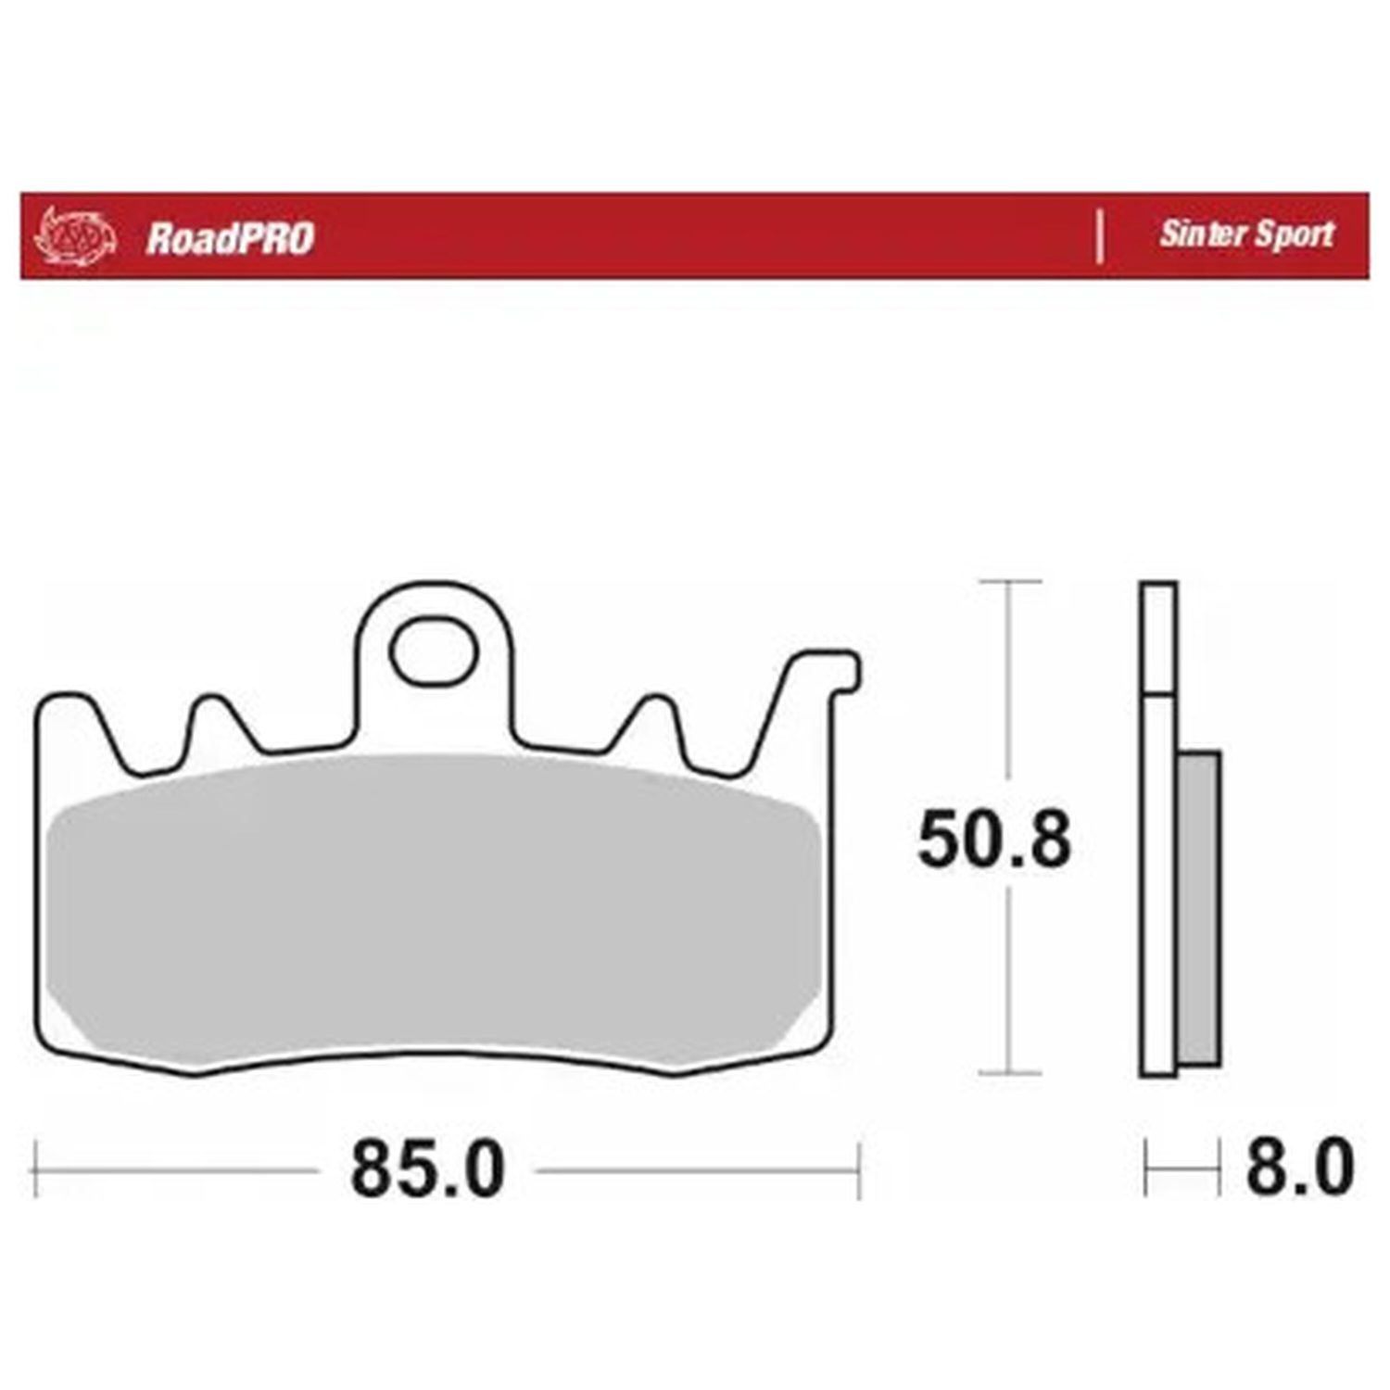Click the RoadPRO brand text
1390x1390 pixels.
tap(230, 238)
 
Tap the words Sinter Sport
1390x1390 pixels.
tap(1246, 234)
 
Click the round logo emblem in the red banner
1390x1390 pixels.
tap(75, 236)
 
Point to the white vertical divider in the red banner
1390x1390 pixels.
tap(1100, 236)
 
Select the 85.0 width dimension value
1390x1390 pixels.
tap(427, 1169)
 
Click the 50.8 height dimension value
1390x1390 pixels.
tap(994, 840)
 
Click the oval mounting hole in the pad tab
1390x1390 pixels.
tap(434, 651)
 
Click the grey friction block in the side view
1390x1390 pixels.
tap(1198, 907)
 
